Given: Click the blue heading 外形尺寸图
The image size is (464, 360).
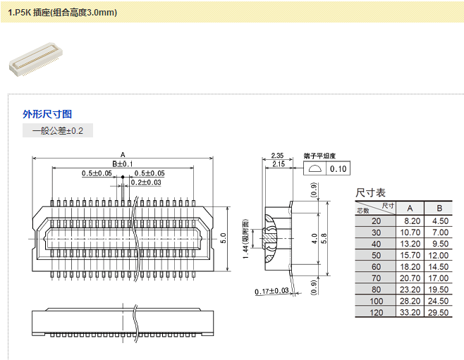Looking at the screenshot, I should (47, 114).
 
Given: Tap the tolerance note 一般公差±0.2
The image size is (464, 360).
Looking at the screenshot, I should (58, 131).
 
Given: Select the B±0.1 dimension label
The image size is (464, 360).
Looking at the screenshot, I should (122, 163).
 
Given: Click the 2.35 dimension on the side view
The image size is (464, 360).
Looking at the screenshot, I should (277, 156).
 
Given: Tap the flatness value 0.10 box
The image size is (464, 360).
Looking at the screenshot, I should (338, 169).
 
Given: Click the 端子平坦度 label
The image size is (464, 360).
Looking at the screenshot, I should (319, 156).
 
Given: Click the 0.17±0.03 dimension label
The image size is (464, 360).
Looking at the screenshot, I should (272, 291).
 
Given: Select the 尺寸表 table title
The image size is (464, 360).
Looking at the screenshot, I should (370, 192).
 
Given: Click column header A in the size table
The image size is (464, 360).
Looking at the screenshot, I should (410, 208).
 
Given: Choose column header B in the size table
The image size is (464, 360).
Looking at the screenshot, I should (439, 208).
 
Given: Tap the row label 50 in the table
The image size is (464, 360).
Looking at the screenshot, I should (375, 255).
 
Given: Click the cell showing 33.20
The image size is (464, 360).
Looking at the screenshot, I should (410, 312).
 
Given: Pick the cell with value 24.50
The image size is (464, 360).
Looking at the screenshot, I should (439, 301).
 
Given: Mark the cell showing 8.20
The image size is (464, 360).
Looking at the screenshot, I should (410, 221).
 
